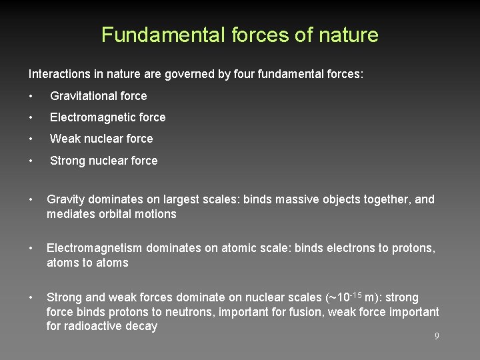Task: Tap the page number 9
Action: point(437,337)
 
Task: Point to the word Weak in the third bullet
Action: point(65,139)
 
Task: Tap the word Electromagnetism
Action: point(94,248)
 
